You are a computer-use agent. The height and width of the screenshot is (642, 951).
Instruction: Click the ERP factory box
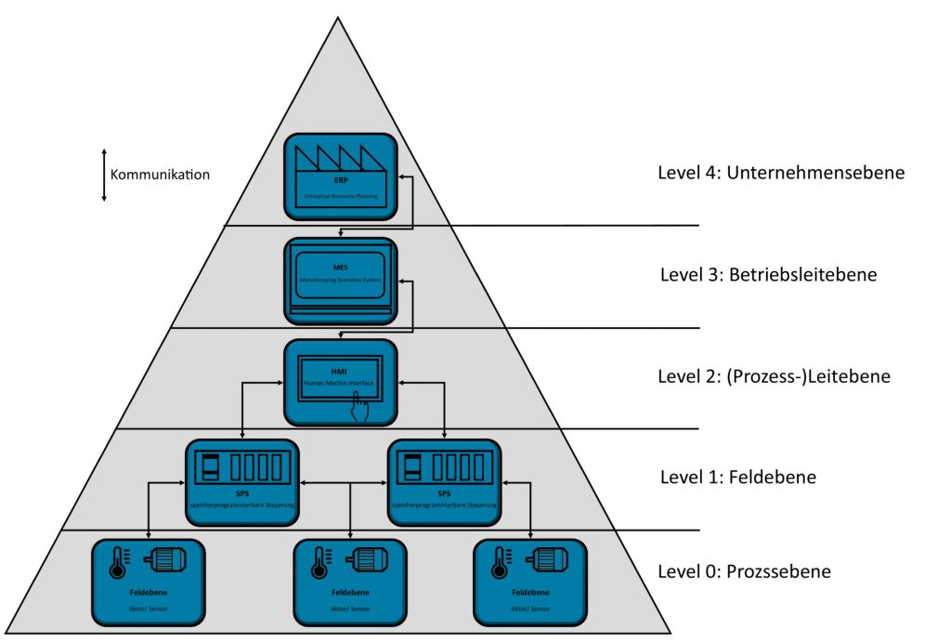pyautogui.click(x=341, y=177)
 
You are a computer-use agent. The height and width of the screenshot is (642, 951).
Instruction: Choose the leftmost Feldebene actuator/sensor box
pyautogui.click(x=149, y=582)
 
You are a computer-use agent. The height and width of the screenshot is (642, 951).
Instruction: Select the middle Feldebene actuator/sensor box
pyautogui.click(x=349, y=582)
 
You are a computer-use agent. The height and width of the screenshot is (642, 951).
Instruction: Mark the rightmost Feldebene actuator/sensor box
pyautogui.click(x=529, y=582)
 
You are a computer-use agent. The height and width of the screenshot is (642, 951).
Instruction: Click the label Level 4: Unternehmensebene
pyautogui.click(x=780, y=173)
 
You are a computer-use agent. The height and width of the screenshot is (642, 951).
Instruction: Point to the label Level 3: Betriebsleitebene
pyautogui.click(x=767, y=275)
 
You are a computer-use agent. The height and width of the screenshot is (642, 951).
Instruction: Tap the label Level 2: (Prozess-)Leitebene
pyautogui.click(x=774, y=377)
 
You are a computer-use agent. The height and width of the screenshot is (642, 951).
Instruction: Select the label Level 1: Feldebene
pyautogui.click(x=737, y=478)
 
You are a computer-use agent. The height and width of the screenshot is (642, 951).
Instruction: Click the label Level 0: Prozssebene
pyautogui.click(x=744, y=571)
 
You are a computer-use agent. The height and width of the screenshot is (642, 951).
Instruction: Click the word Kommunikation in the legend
pyautogui.click(x=160, y=175)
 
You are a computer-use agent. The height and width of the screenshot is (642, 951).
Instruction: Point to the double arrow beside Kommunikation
pyautogui.click(x=104, y=175)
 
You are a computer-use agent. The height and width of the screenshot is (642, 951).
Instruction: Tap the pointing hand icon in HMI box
pyautogui.click(x=359, y=408)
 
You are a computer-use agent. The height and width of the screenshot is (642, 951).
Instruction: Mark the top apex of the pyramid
pyautogui.click(x=338, y=18)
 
